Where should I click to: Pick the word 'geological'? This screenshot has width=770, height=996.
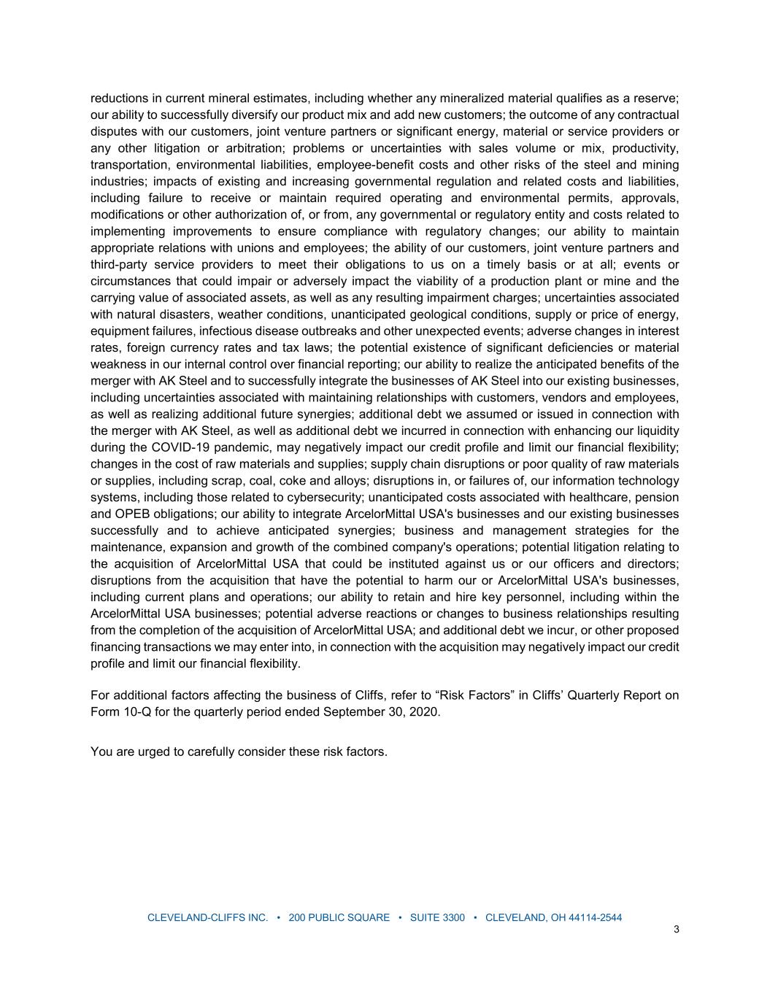(460, 314)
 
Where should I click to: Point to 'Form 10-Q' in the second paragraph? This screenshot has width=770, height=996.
(120, 712)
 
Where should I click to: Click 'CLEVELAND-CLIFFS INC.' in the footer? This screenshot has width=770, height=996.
(208, 918)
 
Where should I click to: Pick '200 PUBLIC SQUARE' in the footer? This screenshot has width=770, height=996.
(339, 918)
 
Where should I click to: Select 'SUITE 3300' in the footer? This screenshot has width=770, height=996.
(437, 918)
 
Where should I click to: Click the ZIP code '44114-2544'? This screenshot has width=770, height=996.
(595, 918)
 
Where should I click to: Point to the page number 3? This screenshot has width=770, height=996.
(677, 930)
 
